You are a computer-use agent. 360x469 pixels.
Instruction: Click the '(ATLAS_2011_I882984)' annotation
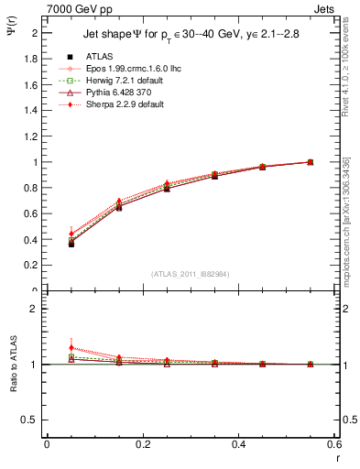(x=190, y=273)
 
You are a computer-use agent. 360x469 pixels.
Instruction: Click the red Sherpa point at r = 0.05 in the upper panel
(x=71, y=234)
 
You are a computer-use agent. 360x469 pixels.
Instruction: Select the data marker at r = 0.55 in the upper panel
(x=311, y=162)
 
